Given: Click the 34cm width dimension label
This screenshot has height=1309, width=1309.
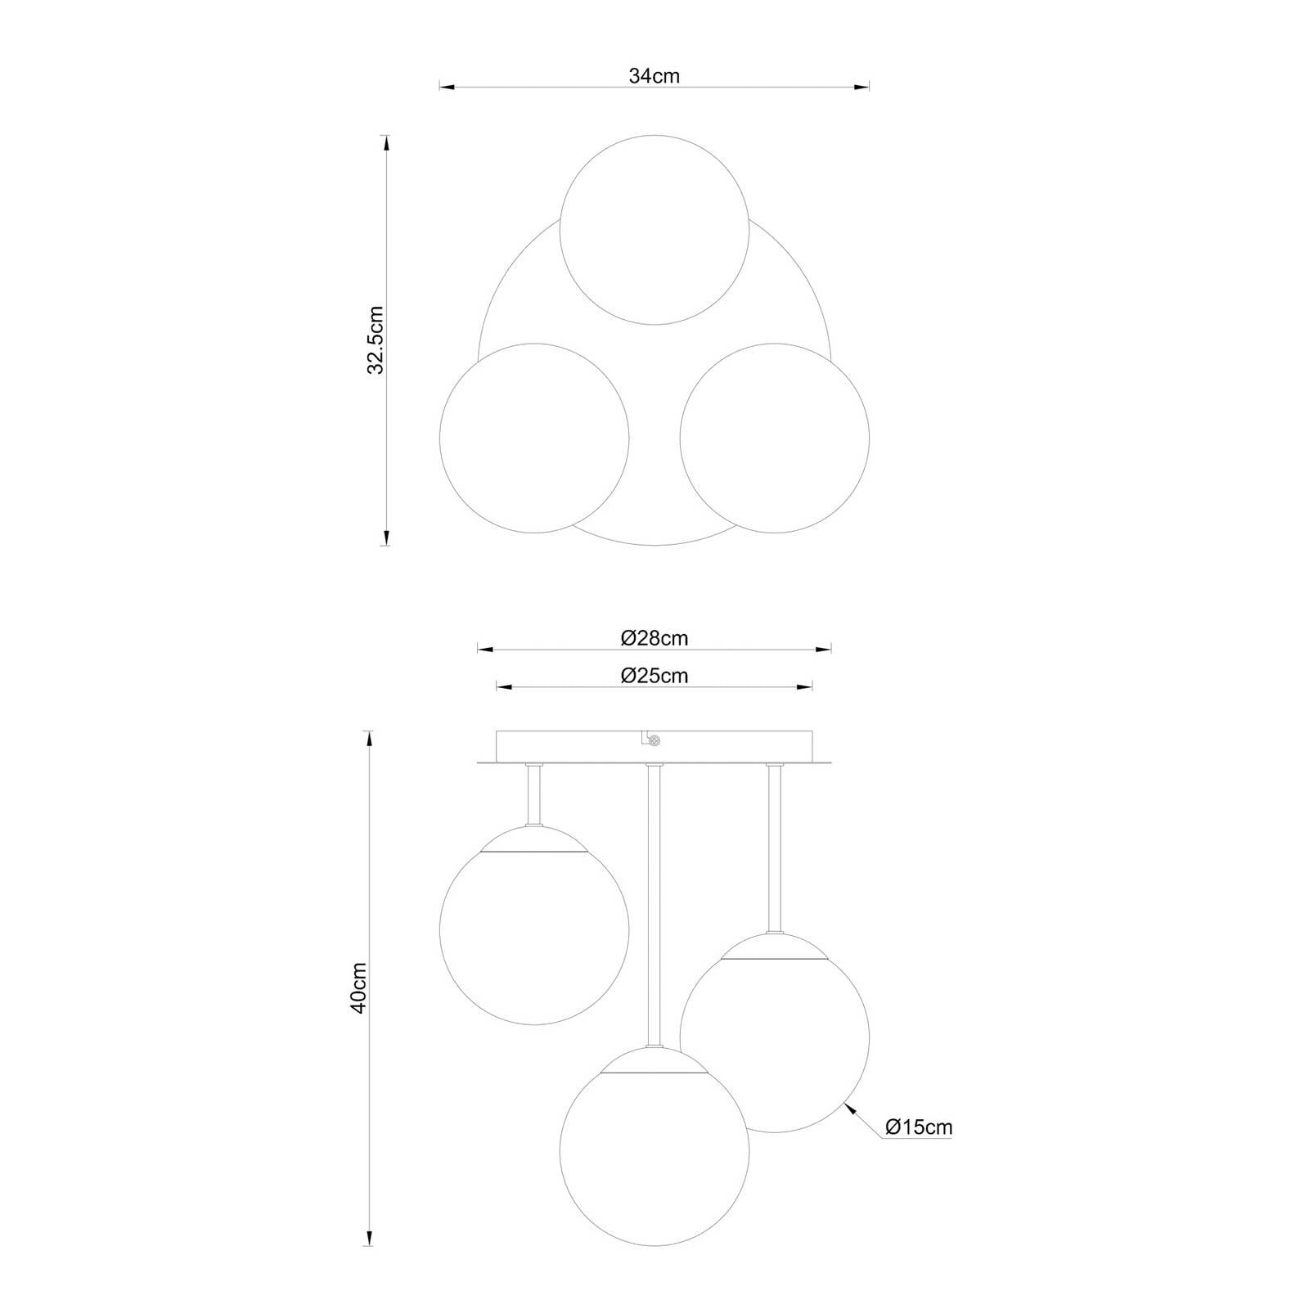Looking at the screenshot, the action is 654,75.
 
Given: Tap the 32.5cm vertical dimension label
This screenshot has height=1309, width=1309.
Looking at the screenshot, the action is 376,340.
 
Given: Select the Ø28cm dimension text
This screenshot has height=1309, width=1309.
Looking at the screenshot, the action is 654,638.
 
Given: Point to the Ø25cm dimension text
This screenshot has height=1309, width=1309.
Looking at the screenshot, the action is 654,676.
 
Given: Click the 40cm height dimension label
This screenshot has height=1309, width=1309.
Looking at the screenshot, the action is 358,987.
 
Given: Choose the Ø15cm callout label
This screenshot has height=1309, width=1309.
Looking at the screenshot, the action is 919,1127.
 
